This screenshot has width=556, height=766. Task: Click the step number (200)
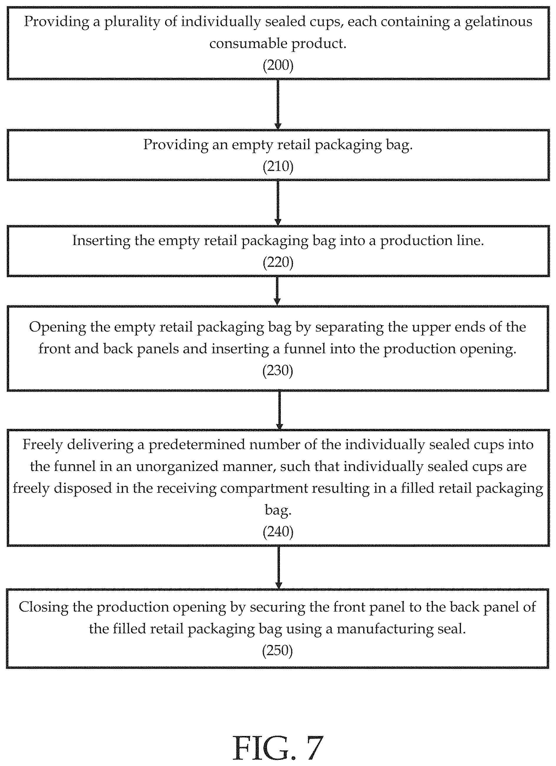(278, 65)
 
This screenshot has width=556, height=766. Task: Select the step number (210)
(278, 166)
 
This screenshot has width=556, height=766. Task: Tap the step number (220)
(278, 262)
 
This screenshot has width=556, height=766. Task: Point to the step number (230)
(278, 371)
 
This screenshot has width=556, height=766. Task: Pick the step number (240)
(278, 532)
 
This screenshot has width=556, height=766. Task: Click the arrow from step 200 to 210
(278, 104)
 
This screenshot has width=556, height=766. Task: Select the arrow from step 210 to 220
(278, 203)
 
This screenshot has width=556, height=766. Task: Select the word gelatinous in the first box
(499, 22)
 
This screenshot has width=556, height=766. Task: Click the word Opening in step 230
(57, 328)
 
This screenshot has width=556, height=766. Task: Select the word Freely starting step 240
(43, 445)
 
